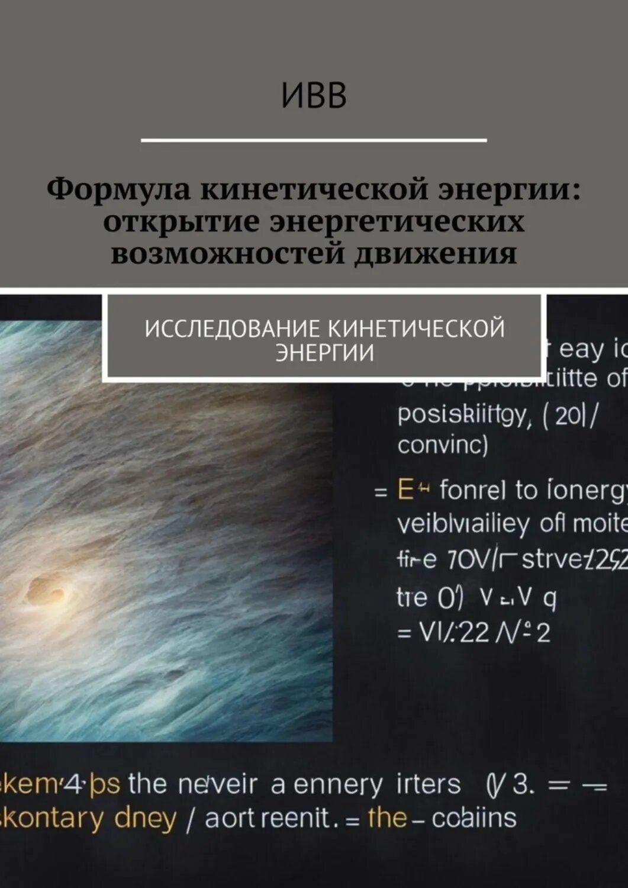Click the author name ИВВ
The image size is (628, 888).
click(x=314, y=97)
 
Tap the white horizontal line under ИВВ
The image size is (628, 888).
click(x=314, y=140)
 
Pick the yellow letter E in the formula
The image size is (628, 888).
click(x=405, y=491)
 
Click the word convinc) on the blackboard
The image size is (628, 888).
click(x=443, y=445)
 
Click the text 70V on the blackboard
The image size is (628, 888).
click(x=467, y=560)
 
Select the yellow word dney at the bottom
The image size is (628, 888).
click(x=146, y=819)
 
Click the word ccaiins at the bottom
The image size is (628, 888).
click(x=474, y=818)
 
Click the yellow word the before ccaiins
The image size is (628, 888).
click(x=387, y=818)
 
